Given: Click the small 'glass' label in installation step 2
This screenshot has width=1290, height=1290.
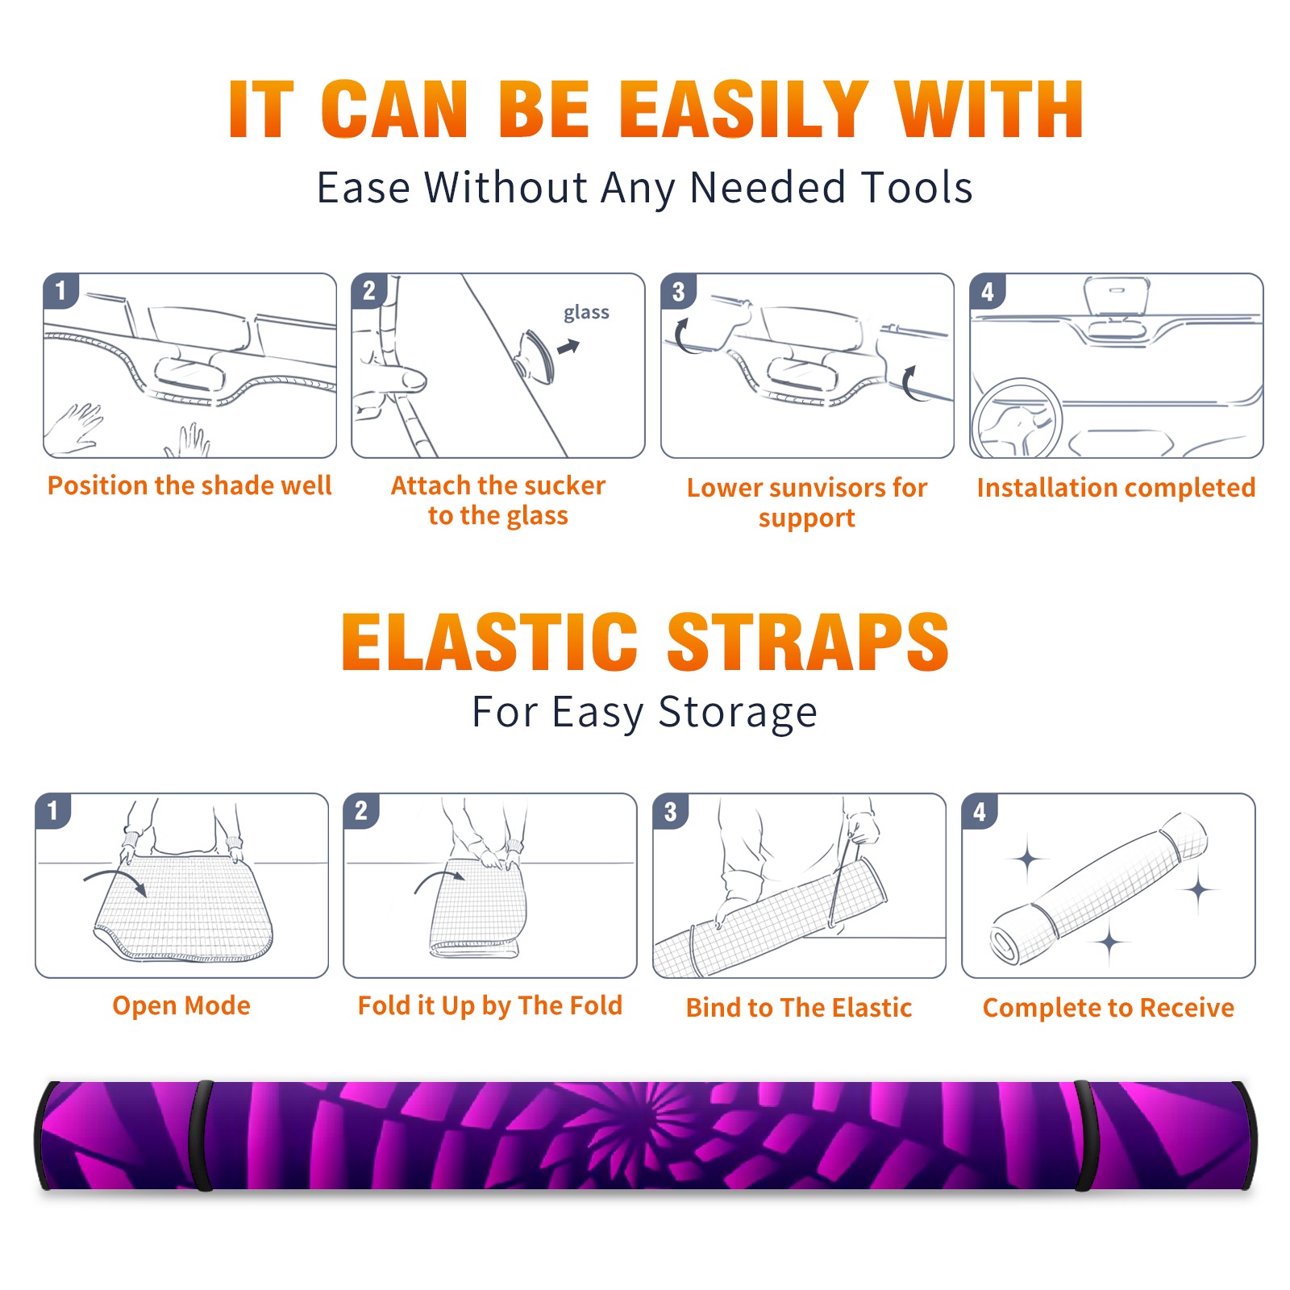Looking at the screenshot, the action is tap(586, 313).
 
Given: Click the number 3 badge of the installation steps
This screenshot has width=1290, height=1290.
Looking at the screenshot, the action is tap(678, 291).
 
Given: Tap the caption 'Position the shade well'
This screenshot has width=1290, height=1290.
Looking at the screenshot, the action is tap(189, 485).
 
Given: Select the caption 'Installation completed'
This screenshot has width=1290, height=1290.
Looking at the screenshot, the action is tap(1116, 488).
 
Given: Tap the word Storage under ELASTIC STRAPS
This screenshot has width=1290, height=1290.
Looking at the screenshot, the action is tap(738, 713).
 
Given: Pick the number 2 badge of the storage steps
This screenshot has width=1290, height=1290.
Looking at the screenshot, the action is tap(361, 810).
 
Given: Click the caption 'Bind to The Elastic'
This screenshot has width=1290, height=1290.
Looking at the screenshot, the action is tap(798, 1008).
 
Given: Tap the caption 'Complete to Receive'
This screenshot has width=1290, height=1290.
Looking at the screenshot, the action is tap(1108, 1008).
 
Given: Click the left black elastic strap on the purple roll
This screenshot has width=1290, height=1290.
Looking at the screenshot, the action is tap(200, 1135).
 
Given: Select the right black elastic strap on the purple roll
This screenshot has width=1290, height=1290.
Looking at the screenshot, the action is tap(1084, 1135).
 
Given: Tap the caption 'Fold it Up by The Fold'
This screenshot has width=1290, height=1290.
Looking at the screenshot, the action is tap(490, 1005).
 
